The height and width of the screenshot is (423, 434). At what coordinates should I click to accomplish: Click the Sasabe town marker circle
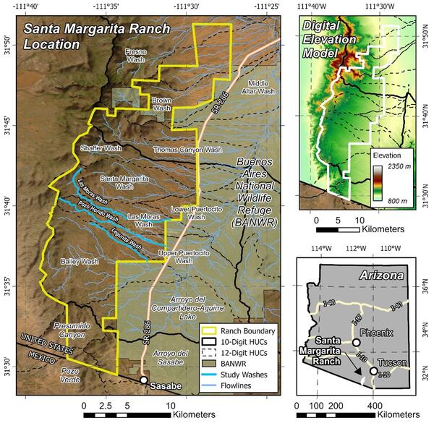tap(144, 380)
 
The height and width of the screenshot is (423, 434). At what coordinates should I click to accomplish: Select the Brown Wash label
tap(161, 103)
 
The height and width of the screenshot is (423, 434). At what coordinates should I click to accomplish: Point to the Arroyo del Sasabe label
tap(172, 356)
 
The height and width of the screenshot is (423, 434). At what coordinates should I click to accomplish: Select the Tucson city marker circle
tap(373, 371)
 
